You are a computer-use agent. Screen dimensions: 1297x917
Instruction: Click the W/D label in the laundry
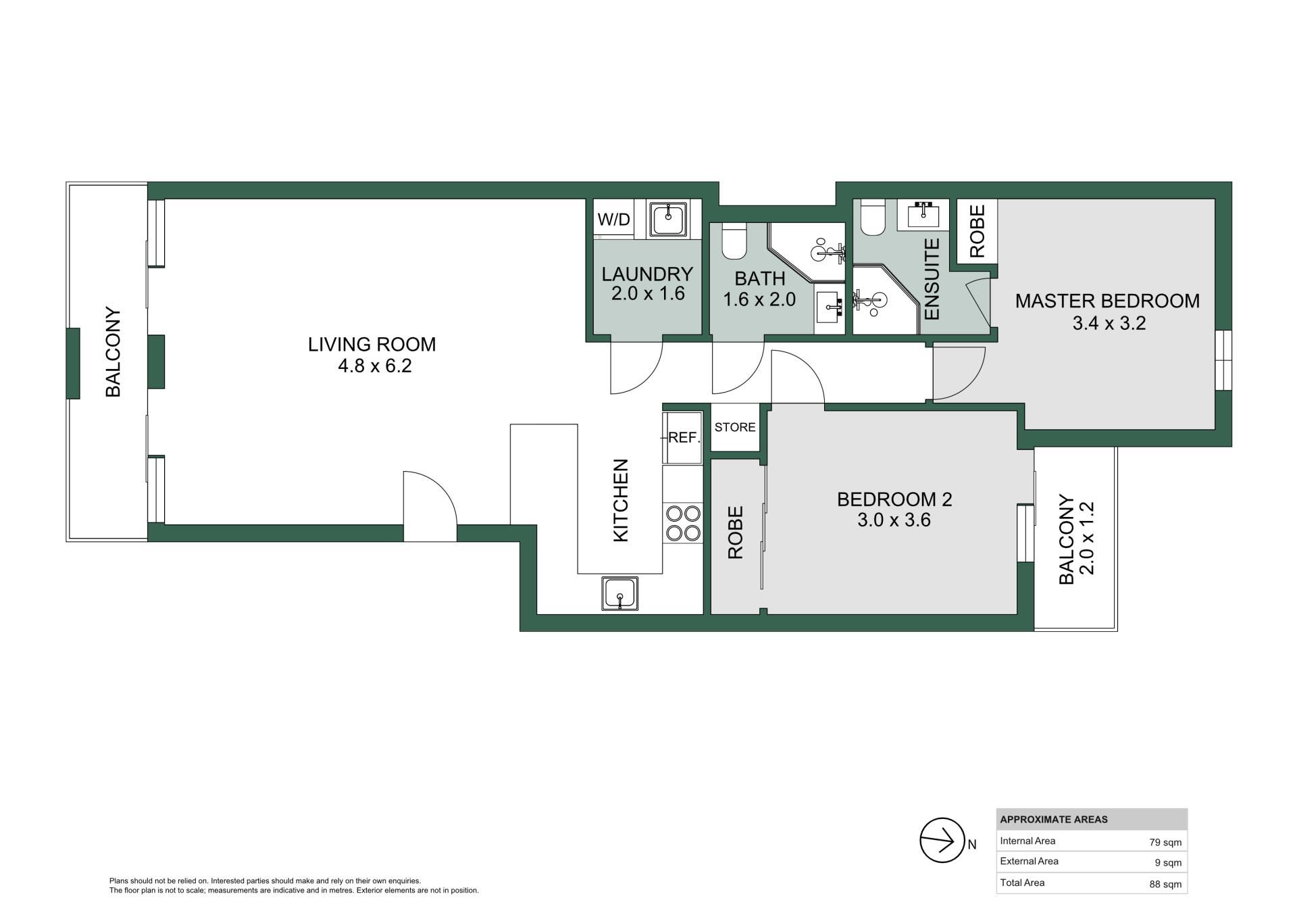pos(614,219)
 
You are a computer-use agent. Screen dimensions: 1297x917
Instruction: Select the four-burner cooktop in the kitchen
pos(683,523)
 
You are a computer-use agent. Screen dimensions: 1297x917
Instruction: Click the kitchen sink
pos(619,594)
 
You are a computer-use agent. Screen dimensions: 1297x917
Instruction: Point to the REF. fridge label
pos(684,437)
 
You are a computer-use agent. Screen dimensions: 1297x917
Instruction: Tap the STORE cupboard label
pos(735,427)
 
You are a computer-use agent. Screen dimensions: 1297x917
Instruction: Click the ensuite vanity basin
pos(923,215)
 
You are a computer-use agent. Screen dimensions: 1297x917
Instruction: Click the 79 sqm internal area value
pos(1165,843)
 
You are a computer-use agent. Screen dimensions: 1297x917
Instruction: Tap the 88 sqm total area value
pos(1165,884)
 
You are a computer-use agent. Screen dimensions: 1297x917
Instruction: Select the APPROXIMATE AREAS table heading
pos(1054,820)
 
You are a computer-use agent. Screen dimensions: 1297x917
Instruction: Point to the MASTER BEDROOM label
pos(1107,301)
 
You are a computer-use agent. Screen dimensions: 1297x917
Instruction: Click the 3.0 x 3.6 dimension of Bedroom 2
pos(894,520)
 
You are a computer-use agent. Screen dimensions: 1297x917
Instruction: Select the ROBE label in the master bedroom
pos(977,231)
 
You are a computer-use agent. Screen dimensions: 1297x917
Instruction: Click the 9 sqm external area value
pos(1169,863)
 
